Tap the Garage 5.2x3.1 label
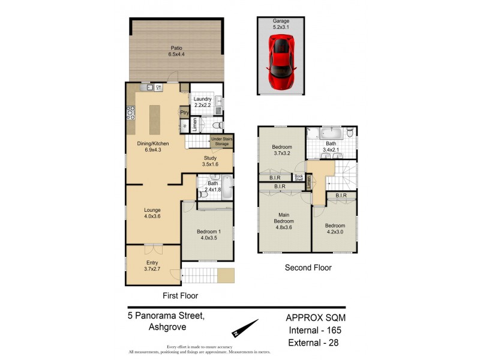point(281,23)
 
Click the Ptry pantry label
point(184,112)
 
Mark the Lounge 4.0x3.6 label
point(152,214)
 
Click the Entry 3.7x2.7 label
point(152,266)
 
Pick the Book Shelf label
point(299,178)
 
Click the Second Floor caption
point(308,268)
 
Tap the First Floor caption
point(181,295)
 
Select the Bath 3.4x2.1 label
point(331,147)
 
